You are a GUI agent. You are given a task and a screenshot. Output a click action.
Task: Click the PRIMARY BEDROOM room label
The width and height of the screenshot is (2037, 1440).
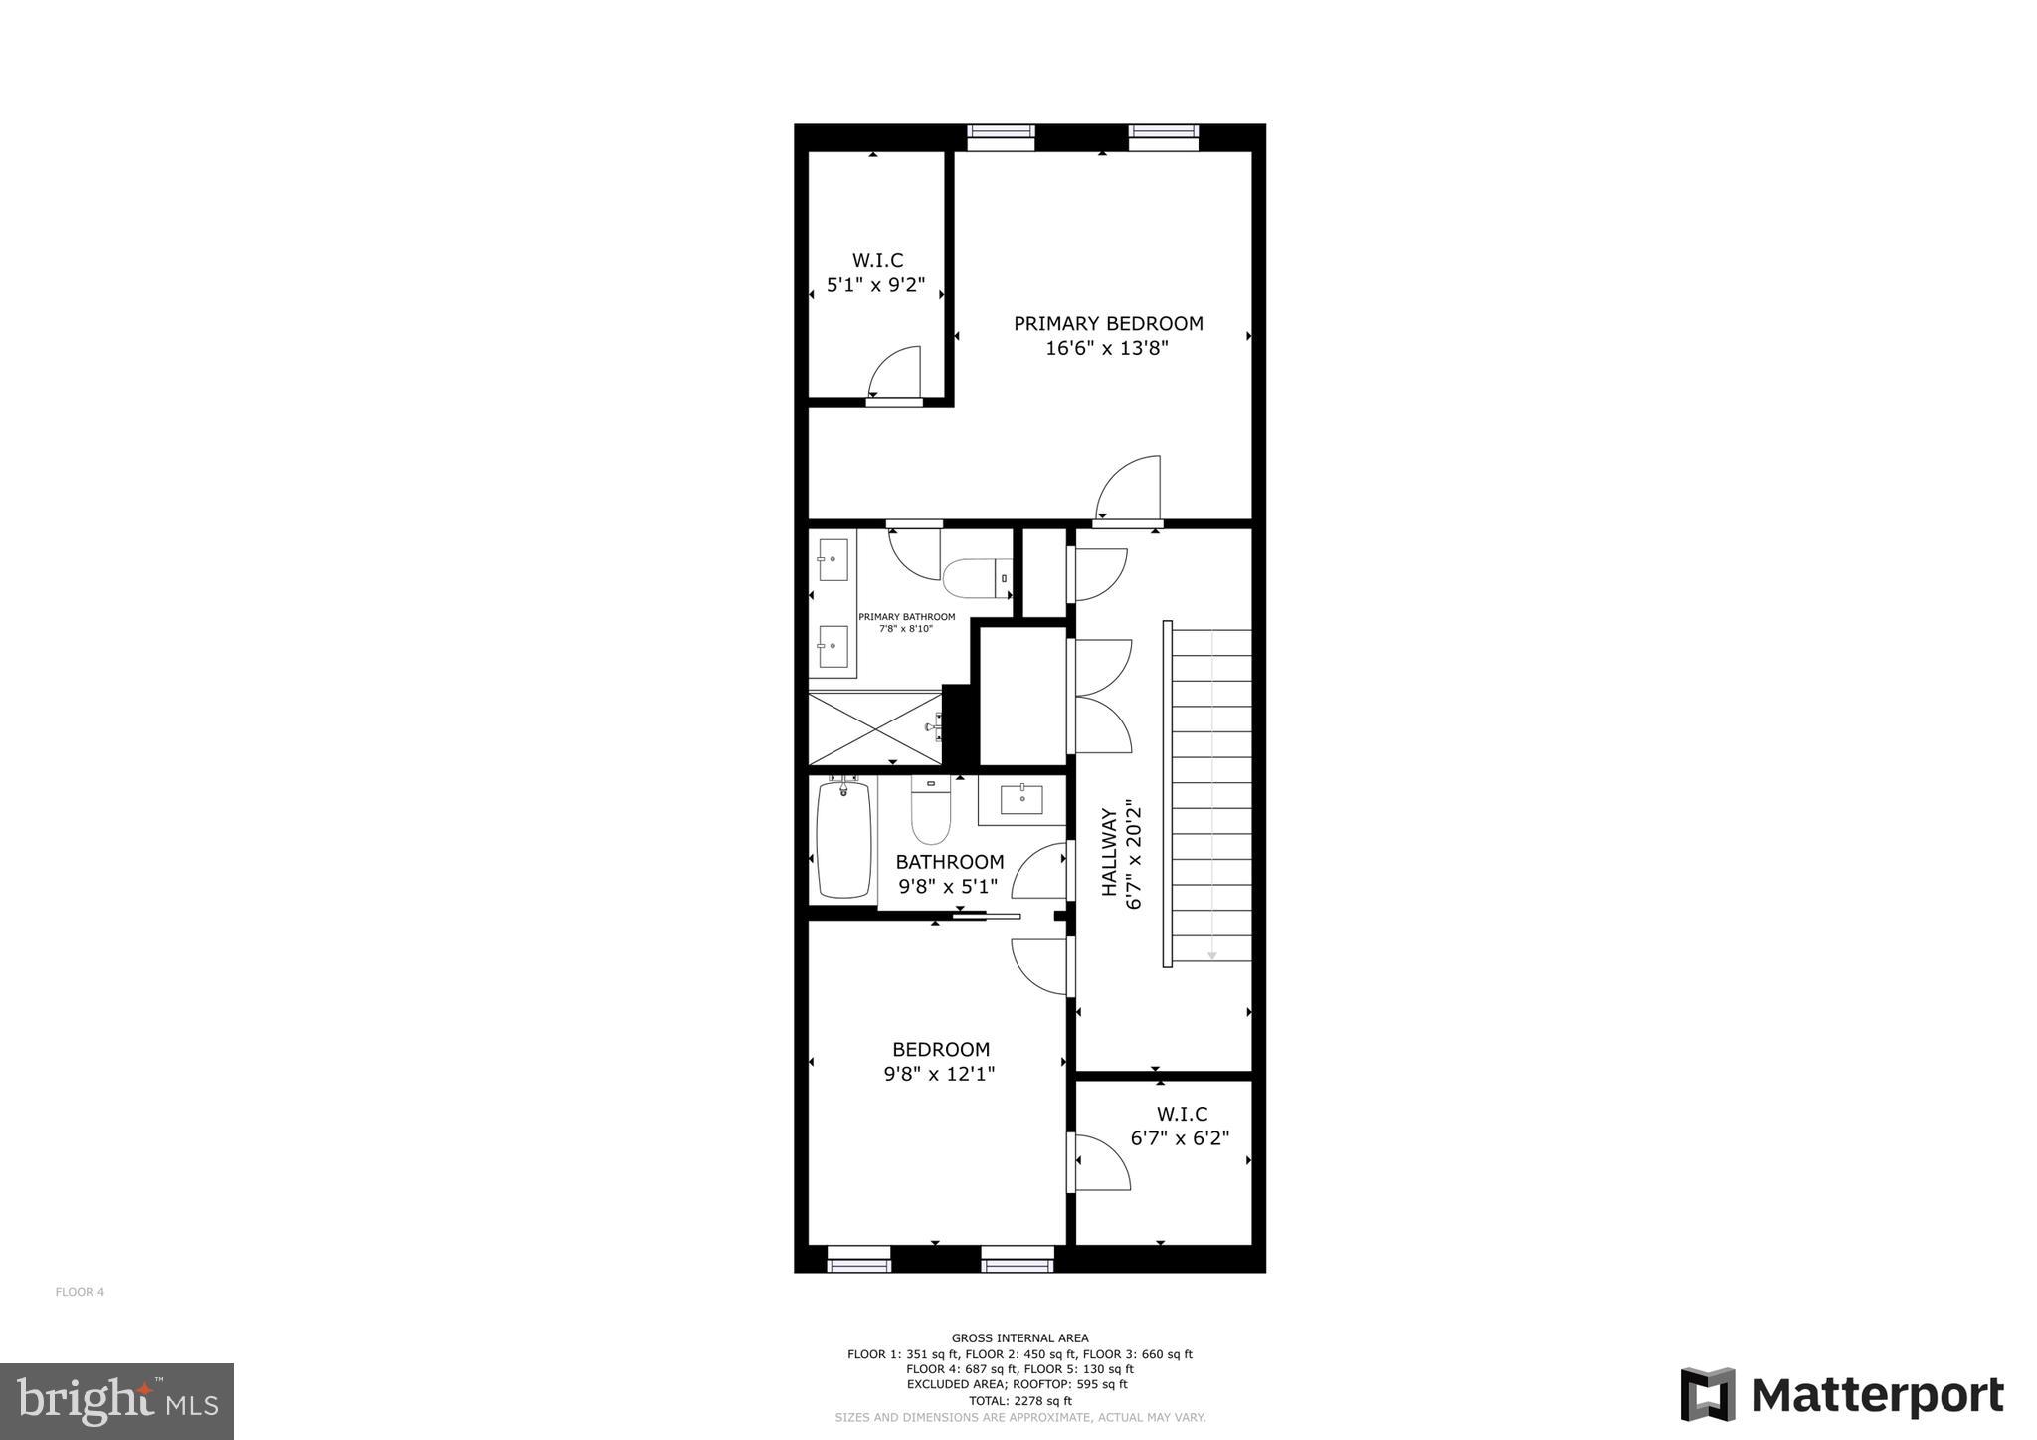pos(1108,324)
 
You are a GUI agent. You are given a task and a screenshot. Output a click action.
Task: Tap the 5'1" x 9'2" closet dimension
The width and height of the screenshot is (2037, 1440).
pos(876,286)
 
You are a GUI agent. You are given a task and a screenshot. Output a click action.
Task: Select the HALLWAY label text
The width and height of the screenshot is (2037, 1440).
pos(1109,852)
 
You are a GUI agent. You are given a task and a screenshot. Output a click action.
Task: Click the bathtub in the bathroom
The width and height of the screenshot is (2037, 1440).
pos(843,840)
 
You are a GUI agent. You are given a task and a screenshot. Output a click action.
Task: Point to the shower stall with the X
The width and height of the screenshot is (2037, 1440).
pos(874,728)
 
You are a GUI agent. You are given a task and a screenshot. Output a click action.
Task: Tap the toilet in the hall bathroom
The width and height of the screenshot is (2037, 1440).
pos(931,811)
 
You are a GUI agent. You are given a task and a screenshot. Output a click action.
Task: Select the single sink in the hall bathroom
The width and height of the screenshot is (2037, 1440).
pos(1021,799)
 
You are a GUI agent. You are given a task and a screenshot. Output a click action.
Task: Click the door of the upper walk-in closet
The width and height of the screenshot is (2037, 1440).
pos(896,375)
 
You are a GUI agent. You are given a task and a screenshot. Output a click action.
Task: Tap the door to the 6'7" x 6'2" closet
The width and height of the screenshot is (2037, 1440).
pos(1100,1162)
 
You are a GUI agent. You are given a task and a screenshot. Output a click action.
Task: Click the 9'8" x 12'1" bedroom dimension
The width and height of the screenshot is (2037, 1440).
pos(939,1075)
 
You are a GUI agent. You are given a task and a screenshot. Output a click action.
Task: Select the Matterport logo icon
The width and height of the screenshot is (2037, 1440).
pos(1707,1395)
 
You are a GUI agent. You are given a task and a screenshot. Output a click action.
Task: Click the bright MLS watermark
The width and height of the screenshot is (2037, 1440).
pos(116,1402)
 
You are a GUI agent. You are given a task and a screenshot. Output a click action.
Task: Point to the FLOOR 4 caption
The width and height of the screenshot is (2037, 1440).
pos(80,1292)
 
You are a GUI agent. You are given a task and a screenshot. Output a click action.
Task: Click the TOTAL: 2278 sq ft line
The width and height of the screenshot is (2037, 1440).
pos(1019,1400)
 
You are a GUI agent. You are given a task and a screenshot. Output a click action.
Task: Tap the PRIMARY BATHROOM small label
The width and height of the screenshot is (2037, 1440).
pos(906,617)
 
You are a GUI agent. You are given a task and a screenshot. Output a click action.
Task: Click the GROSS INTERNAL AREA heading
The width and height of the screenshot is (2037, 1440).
pos(1019,1338)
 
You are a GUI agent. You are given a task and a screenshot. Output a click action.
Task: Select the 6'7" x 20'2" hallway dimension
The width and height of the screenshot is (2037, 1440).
pos(1133,853)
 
